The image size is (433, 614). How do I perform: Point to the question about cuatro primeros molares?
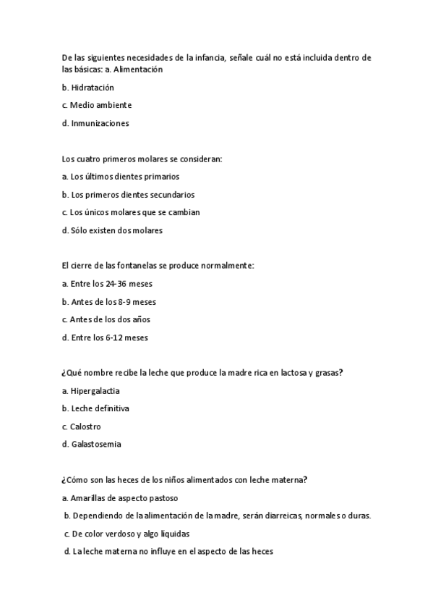click(142, 158)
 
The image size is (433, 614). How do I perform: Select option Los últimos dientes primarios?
click(121, 176)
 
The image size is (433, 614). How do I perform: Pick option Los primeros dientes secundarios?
click(129, 194)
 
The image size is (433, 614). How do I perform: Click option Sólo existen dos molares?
click(112, 230)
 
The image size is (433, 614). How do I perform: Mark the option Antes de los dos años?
click(106, 319)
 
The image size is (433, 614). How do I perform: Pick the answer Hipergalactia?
click(91, 391)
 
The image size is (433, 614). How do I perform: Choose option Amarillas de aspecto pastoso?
click(120, 498)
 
